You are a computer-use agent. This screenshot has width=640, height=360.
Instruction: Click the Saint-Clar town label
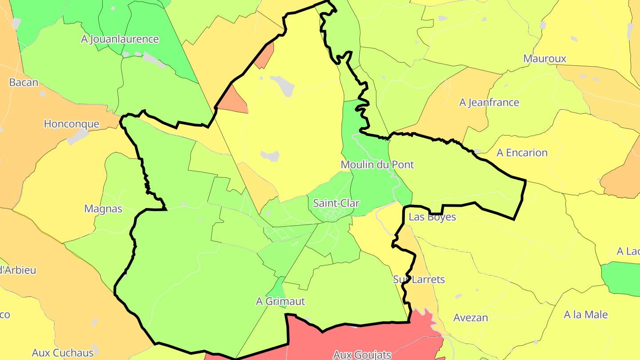(336, 203)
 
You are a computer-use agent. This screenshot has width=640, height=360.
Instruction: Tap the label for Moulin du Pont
(377, 164)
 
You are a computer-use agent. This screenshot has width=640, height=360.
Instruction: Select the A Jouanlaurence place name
(120, 39)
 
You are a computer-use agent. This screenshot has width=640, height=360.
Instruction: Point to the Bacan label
(24, 82)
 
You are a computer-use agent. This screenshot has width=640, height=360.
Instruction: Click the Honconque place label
(71, 124)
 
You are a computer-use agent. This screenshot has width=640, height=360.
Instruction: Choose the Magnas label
(103, 208)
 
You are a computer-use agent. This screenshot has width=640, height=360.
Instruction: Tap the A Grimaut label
(280, 301)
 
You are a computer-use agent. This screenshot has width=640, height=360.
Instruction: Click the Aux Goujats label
(362, 354)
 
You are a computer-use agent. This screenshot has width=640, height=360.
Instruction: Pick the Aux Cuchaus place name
(63, 353)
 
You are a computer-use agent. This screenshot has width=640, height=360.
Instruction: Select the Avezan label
(470, 318)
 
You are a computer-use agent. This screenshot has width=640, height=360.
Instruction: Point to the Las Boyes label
(432, 217)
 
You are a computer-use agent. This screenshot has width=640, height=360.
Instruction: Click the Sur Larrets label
(419, 280)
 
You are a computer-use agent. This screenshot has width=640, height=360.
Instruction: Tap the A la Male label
(585, 315)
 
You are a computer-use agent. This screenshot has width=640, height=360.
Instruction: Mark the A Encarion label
(522, 152)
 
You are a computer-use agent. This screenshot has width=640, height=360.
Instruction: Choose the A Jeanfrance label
(489, 102)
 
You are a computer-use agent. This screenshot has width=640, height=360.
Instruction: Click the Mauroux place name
(544, 58)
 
